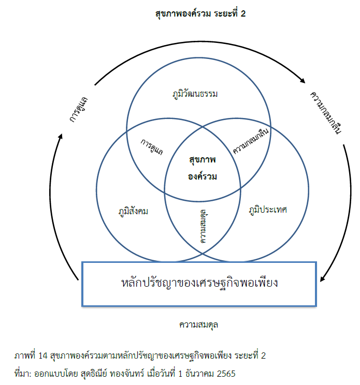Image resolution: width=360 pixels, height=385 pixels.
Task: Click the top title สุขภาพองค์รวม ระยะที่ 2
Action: point(200,14)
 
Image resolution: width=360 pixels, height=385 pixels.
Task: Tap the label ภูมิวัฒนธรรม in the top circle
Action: point(196,94)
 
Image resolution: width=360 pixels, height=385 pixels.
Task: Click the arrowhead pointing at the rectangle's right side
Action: point(323,280)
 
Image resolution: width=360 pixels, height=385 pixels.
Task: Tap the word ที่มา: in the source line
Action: point(24,373)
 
